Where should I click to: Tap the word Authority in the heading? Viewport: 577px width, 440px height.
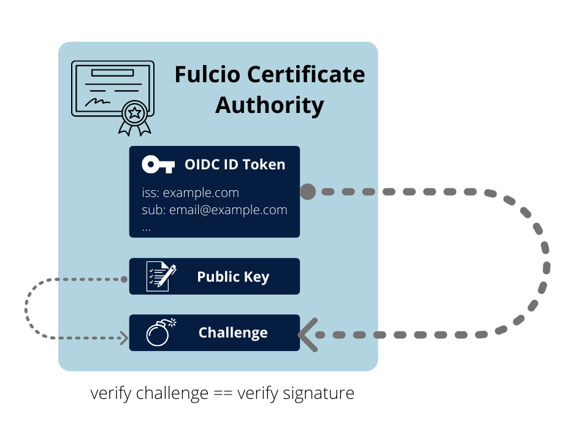pos(270,105)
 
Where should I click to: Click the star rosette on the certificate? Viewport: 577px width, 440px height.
pos(134,112)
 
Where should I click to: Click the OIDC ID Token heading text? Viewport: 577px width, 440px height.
pos(235,164)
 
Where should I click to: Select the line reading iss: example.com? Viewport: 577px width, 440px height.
pos(190,193)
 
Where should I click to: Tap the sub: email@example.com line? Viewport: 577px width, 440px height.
pos(215,210)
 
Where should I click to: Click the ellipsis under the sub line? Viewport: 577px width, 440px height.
pos(147,227)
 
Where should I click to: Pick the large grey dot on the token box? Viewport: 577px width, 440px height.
pos(308,192)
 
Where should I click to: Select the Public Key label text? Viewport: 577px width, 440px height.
pos(233,277)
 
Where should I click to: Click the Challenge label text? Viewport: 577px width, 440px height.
pos(233,333)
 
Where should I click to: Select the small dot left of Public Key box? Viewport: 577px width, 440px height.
pos(124,279)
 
